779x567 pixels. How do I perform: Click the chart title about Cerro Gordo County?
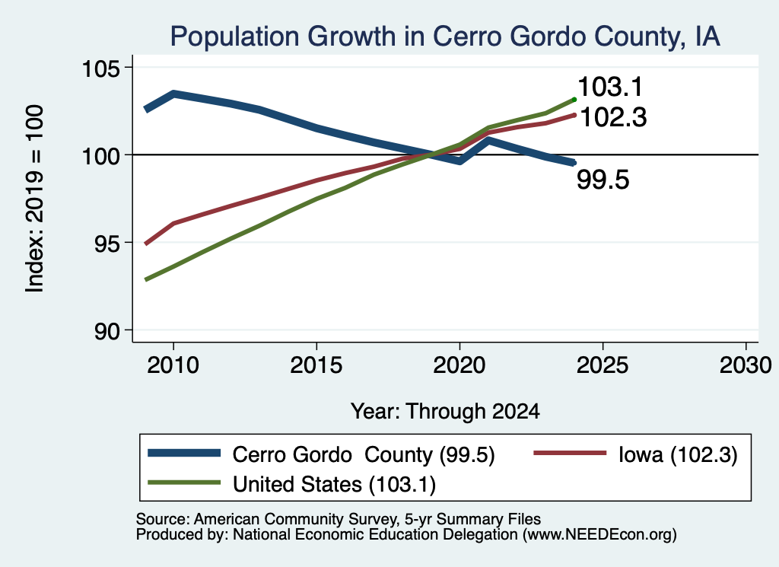click(444, 37)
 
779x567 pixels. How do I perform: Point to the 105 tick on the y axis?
click(101, 68)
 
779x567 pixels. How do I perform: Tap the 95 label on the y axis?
click(107, 243)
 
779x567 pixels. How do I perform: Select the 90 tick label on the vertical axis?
click(107, 331)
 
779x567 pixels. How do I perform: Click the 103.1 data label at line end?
click(610, 87)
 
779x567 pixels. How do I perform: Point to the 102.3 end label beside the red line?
click(613, 118)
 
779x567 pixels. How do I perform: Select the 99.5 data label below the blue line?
click(603, 180)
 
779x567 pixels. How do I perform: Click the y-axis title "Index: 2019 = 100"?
click(35, 199)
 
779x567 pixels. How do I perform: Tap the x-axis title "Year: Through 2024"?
click(445, 412)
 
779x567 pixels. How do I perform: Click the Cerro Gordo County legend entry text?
click(364, 455)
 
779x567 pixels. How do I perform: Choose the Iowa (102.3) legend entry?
click(678, 454)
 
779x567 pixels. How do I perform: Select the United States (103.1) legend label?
click(335, 485)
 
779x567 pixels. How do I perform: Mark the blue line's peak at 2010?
click(173, 94)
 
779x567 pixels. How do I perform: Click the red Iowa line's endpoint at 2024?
click(574, 115)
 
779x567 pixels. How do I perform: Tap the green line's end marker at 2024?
click(574, 100)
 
